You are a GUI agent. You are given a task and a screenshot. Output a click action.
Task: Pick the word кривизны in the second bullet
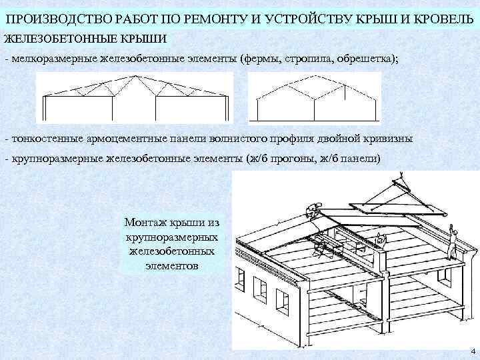click(384, 139)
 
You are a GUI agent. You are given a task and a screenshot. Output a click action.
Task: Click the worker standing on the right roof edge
click(454, 241)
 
